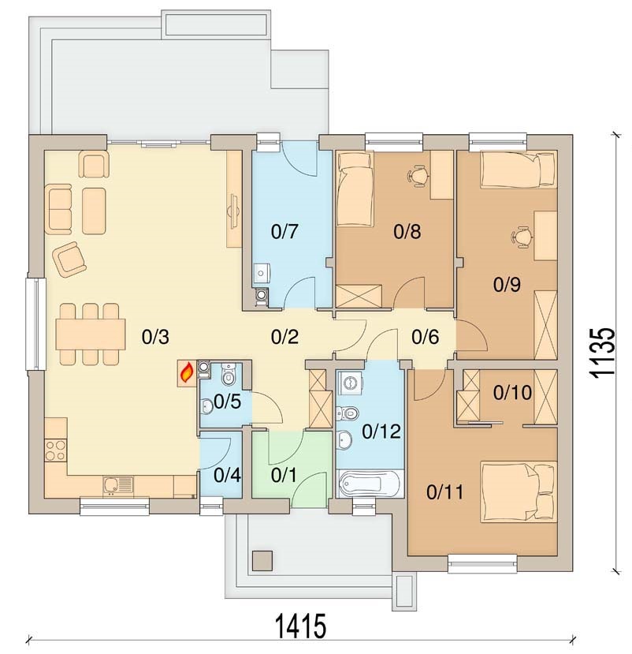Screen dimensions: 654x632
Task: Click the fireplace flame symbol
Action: [187, 372]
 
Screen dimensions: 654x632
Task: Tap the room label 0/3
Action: [155, 338]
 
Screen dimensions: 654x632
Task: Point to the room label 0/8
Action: [407, 232]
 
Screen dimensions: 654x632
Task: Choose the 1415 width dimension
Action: [300, 628]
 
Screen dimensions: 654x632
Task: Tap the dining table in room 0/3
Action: [90, 334]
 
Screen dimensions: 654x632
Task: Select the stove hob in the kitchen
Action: [55, 451]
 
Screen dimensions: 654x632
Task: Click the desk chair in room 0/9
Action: [521, 236]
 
